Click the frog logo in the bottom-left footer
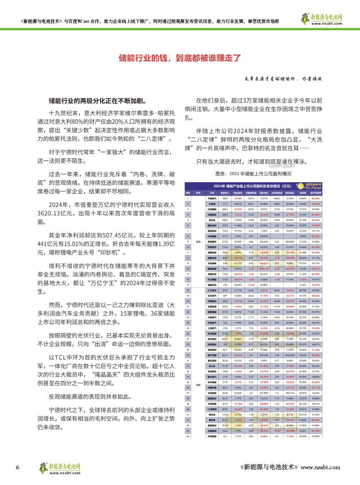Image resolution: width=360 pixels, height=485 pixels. pos(45,467)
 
